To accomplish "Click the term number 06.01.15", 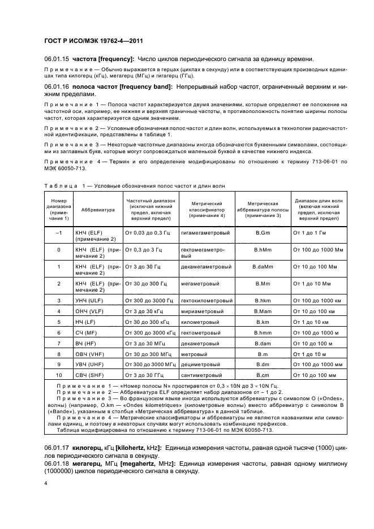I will click(x=56, y=59).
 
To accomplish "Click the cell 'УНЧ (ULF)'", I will click(x=89, y=300).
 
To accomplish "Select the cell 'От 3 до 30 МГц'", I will click(x=145, y=343).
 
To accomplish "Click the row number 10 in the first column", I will click(x=59, y=375).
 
